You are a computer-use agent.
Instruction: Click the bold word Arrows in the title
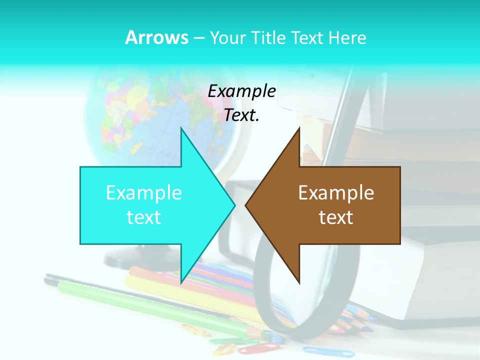pyautogui.click(x=156, y=37)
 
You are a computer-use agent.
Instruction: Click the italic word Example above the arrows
pyautogui.click(x=241, y=91)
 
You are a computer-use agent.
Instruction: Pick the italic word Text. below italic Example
pyautogui.click(x=241, y=115)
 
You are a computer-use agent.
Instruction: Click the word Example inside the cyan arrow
pyautogui.click(x=144, y=192)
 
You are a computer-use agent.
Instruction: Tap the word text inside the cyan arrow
pyautogui.click(x=144, y=217)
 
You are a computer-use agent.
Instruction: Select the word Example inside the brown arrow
pyautogui.click(x=336, y=192)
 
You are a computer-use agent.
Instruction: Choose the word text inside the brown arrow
pyautogui.click(x=336, y=217)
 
